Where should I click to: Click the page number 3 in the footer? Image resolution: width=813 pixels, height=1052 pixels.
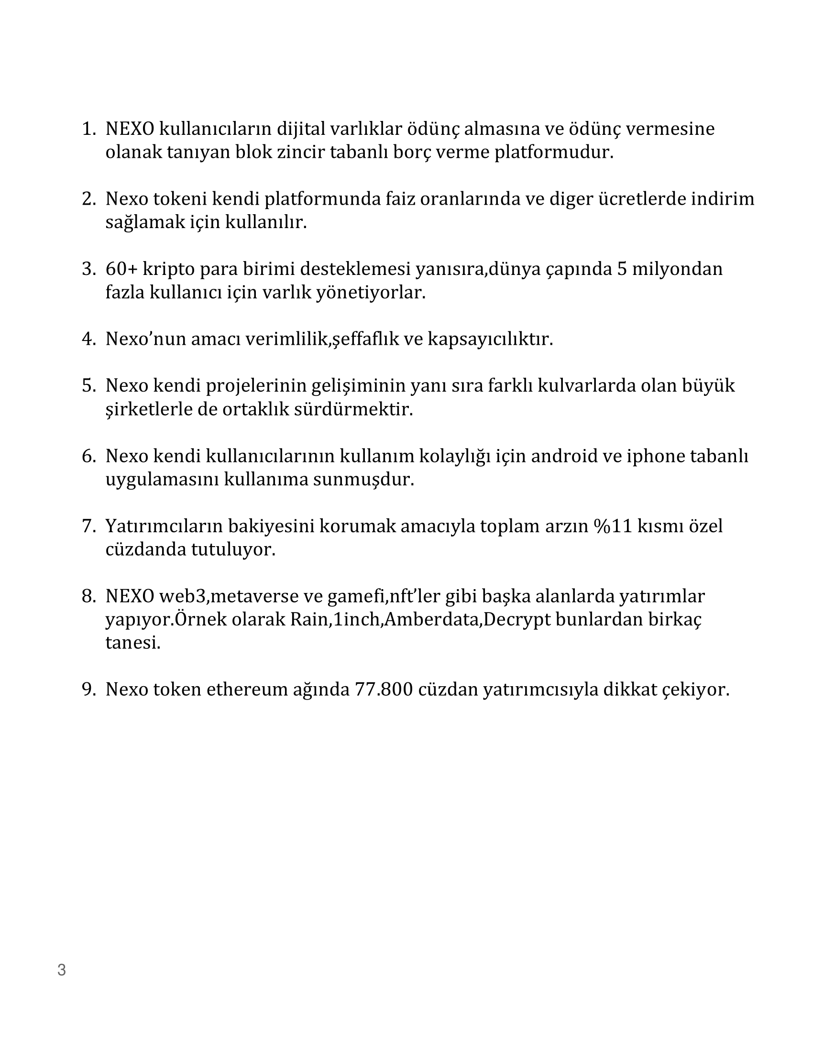[x=62, y=970]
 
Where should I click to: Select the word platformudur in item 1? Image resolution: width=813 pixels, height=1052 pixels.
[x=554, y=153]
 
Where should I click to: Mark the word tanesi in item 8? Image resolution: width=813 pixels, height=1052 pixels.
[x=133, y=643]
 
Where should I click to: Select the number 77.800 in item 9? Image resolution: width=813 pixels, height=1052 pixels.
[x=384, y=690]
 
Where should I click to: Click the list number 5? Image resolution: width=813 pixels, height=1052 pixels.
[x=88, y=386]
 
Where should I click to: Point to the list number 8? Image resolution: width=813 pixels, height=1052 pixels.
[x=88, y=597]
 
